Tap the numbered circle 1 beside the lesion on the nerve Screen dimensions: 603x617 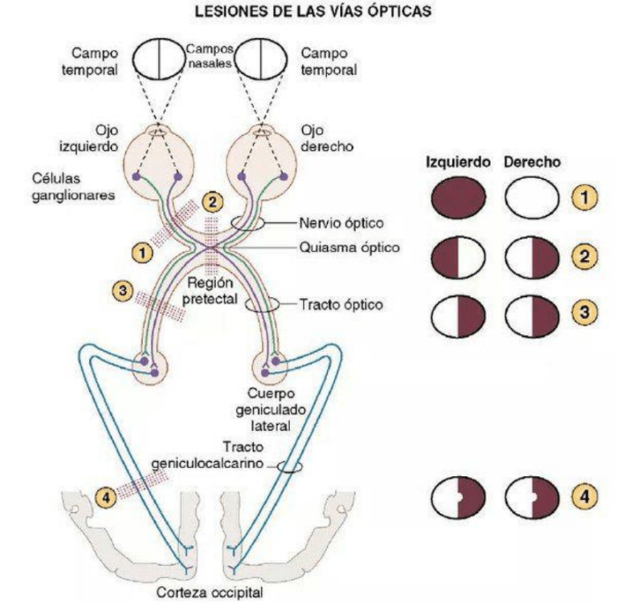coord(141,252)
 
